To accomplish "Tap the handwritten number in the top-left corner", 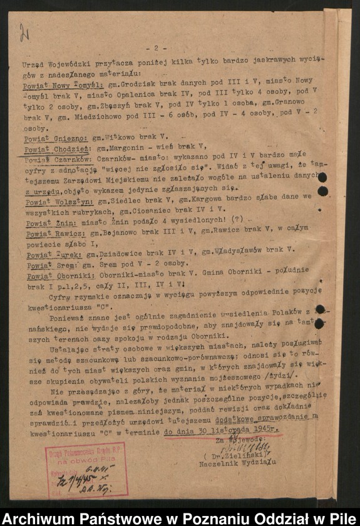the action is [x=24, y=32].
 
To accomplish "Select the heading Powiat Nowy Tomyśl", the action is [x=53, y=81].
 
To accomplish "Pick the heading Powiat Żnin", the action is [x=39, y=222].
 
